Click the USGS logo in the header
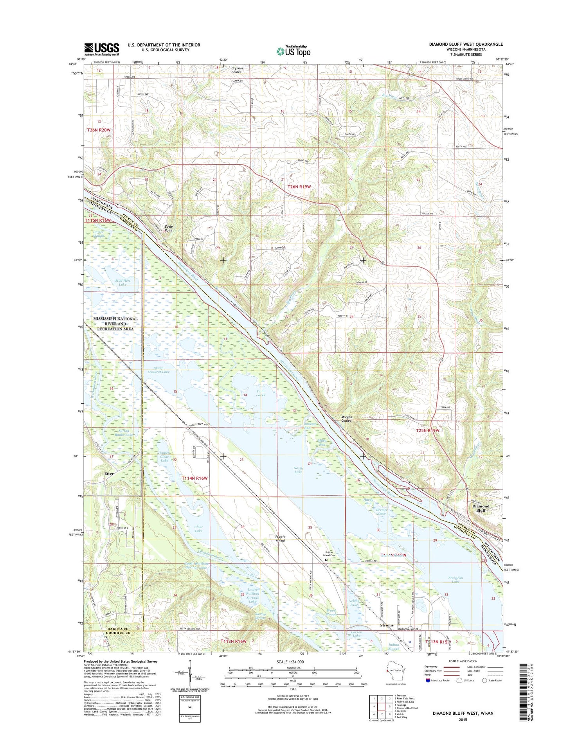pyautogui.click(x=101, y=49)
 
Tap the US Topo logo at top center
pyautogui.click(x=293, y=51)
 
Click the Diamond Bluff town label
pyautogui.click(x=480, y=508)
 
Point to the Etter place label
pyautogui.click(x=109, y=474)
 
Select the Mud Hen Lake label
pyautogui.click(x=122, y=282)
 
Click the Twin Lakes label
pyautogui.click(x=260, y=393)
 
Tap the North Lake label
pyautogui.click(x=298, y=470)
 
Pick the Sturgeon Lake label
pyautogui.click(x=456, y=580)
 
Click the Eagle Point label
pyautogui.click(x=168, y=228)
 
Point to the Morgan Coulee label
pyautogui.click(x=347, y=419)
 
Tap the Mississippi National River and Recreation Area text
pyautogui.click(x=115, y=324)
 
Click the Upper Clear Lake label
pyautogui.click(x=164, y=457)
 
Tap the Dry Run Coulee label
pyautogui.click(x=236, y=70)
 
